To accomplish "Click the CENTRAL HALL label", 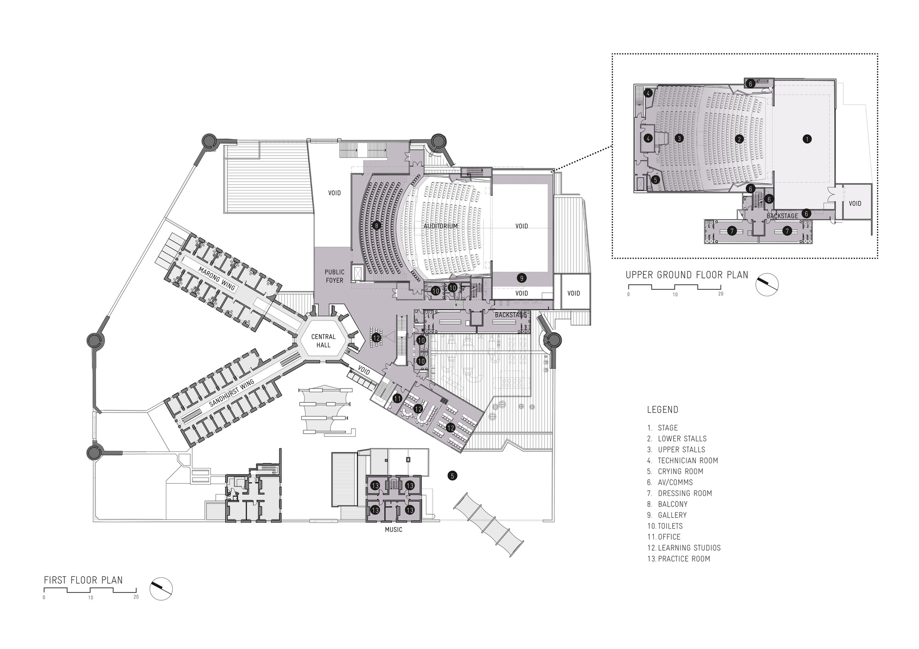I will point(323,340).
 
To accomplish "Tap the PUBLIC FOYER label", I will point(335,276).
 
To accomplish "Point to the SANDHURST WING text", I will point(231,386).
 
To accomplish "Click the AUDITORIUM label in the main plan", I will point(441,226).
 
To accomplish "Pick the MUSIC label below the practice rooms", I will point(393,530).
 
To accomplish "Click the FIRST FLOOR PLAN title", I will point(83,580).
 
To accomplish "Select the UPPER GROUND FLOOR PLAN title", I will point(687,275).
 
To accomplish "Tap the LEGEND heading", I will point(663,410).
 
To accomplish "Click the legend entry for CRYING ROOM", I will point(681,471).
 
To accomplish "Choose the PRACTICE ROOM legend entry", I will point(684,559).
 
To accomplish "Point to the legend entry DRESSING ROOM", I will point(685,493).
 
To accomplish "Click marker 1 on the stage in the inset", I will point(806,138).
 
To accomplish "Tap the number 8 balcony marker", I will point(377,226).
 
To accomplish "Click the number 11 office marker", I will point(397,398).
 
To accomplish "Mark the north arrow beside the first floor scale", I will point(161,589).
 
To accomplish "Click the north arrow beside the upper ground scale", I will point(767,284).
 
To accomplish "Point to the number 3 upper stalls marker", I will point(680,138).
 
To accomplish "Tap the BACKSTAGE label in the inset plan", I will point(782,216).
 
